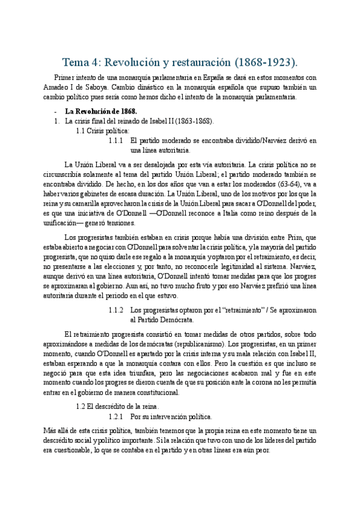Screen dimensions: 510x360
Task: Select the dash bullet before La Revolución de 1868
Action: [55, 111]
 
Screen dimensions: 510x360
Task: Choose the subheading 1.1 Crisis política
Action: [102, 131]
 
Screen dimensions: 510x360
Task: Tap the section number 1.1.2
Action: [116, 310]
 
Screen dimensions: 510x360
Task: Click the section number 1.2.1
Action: [116, 416]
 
